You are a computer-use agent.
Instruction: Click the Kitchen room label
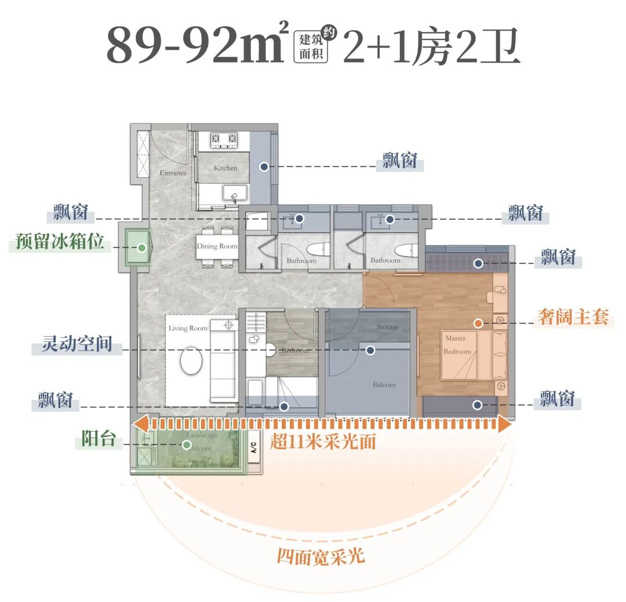[x=225, y=167]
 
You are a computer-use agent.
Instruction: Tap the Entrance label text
[x=173, y=173]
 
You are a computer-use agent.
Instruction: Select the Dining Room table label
[x=217, y=246]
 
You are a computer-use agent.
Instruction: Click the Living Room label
[x=188, y=328]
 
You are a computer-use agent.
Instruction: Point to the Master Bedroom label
[x=457, y=345]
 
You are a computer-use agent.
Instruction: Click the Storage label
[x=387, y=327]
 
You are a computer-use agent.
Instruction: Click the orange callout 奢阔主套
[x=573, y=318]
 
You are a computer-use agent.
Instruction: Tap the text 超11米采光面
[x=323, y=442]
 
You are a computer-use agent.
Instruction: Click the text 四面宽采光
[x=321, y=556]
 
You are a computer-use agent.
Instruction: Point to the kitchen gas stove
[x=224, y=138]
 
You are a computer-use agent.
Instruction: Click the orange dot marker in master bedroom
[x=478, y=323]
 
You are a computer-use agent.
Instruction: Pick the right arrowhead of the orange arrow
[x=504, y=424]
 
